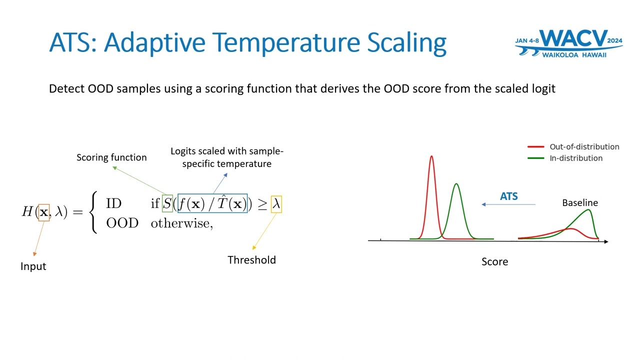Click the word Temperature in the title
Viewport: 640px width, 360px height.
[x=285, y=42]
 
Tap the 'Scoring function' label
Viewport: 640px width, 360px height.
[x=111, y=157]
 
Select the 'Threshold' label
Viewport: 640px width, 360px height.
[x=251, y=260]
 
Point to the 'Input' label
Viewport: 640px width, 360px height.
[x=33, y=266]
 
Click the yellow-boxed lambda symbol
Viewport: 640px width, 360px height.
[x=276, y=204]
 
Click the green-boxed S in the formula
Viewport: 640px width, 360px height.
[x=167, y=203]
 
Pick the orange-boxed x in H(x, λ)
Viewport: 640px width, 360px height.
[x=43, y=212]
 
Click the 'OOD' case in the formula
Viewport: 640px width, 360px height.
[x=122, y=223]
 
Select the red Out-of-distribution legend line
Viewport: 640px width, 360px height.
[x=535, y=147]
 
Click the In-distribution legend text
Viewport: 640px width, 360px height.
[x=576, y=158]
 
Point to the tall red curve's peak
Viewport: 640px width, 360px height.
[x=431, y=156]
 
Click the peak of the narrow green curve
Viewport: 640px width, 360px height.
[x=456, y=184]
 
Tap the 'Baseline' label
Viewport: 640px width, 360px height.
[x=580, y=203]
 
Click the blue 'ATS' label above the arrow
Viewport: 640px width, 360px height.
[x=509, y=196]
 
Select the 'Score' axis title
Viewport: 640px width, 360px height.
[x=494, y=261]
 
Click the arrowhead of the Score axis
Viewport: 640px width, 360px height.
[x=606, y=241]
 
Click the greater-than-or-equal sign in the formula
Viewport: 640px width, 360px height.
[x=262, y=204]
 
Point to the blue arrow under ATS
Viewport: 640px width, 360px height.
[x=508, y=204]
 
